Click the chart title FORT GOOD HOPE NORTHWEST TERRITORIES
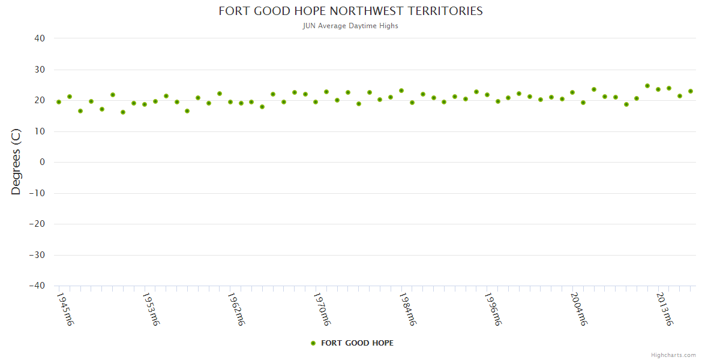350,11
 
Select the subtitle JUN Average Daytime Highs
350,26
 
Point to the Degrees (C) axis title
16,162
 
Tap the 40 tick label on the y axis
40,38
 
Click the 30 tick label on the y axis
40,70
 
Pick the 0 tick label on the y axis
43,162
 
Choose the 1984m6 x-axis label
407,309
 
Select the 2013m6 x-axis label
664,309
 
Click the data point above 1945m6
59,102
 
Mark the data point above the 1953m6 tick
145,104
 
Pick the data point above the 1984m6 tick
401,91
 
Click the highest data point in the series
647,86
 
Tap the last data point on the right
691,91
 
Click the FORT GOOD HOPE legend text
358,343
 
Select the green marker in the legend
313,343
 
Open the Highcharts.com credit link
673,355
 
